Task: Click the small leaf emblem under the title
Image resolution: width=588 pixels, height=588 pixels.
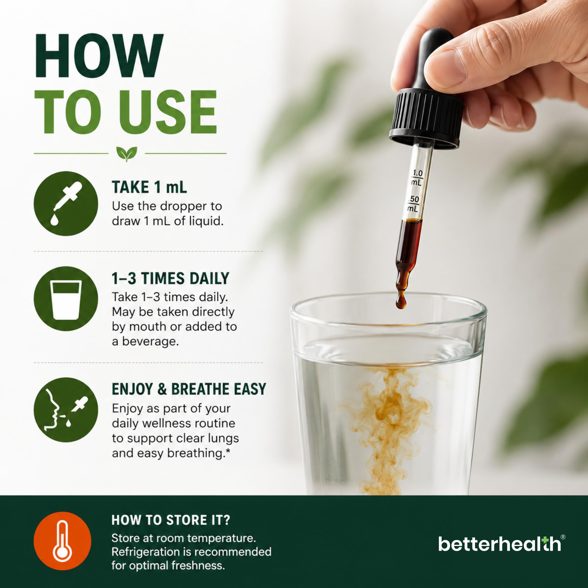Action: coord(127,154)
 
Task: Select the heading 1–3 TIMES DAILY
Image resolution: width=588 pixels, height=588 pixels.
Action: coord(170,278)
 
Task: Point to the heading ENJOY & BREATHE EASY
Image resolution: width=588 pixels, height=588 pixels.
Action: coord(189,389)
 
